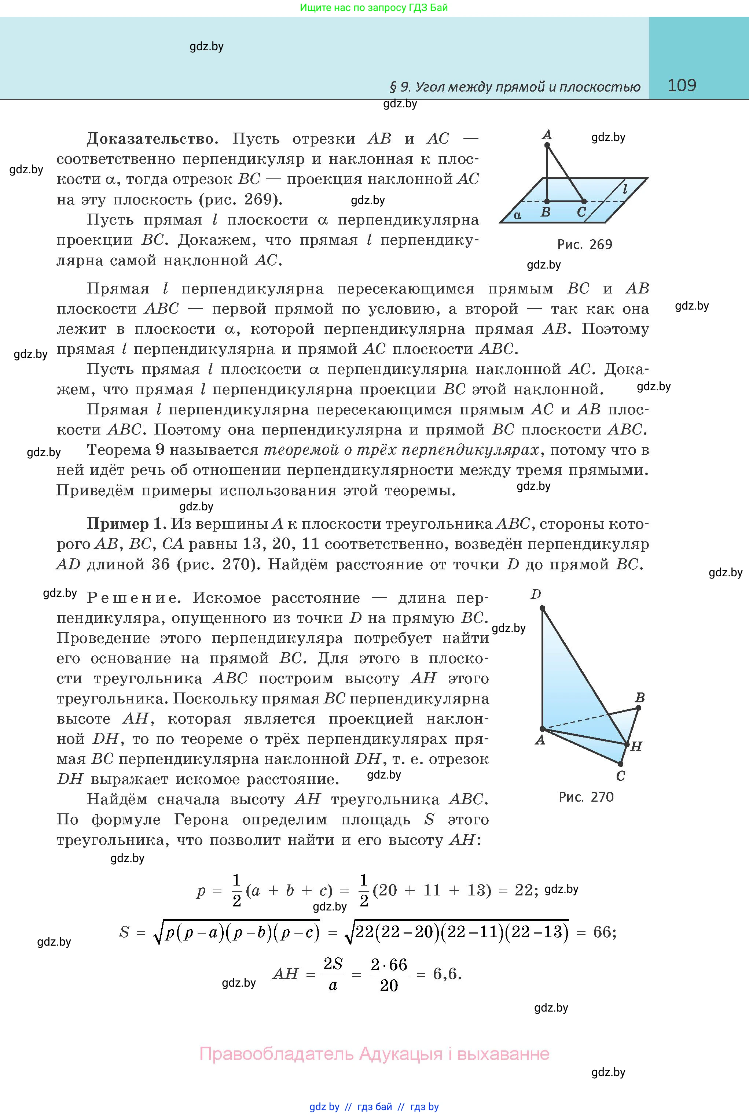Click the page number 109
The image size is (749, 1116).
point(681,85)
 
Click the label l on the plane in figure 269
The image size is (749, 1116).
point(625,189)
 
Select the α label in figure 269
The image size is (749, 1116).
point(517,215)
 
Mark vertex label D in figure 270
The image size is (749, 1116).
point(536,594)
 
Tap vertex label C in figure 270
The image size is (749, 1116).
point(621,776)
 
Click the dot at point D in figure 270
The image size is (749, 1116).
point(542,608)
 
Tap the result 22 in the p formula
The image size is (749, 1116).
point(524,890)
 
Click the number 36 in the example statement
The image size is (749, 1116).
point(161,564)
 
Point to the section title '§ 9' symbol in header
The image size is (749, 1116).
point(400,87)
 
